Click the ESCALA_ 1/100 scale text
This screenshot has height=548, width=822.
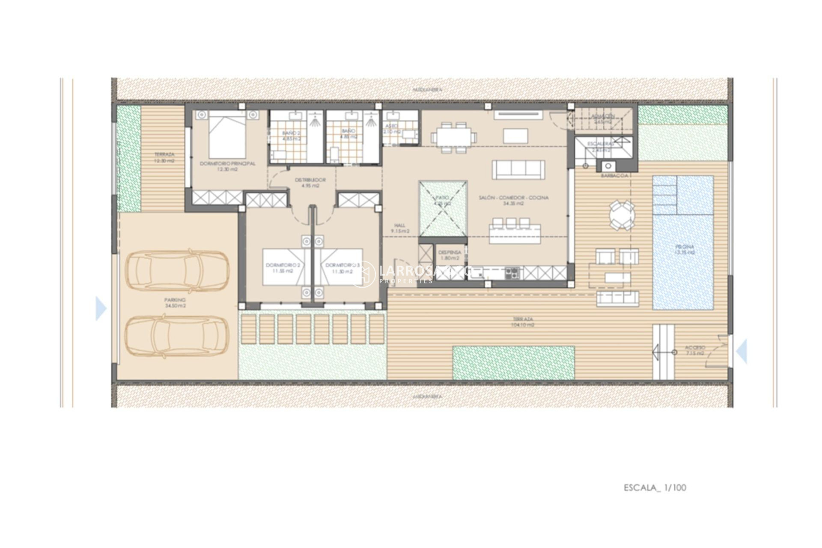coord(655,488)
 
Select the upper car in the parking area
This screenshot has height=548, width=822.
coord(177,271)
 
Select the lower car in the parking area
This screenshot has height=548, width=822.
coord(177,337)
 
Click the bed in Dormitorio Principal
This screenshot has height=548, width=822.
coord(227,135)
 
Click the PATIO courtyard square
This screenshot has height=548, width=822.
coord(443,208)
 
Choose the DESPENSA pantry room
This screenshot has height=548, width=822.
coord(450,256)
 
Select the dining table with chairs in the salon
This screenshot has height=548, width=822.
coord(453,137)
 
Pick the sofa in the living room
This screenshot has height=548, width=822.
coord(518,170)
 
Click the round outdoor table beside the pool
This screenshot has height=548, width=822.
coord(622,215)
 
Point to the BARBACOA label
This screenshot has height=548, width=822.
coord(614,176)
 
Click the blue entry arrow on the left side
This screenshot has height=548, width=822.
coord(100,308)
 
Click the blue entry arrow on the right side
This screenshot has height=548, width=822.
coord(742,351)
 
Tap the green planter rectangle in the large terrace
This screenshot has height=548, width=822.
coord(513,363)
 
